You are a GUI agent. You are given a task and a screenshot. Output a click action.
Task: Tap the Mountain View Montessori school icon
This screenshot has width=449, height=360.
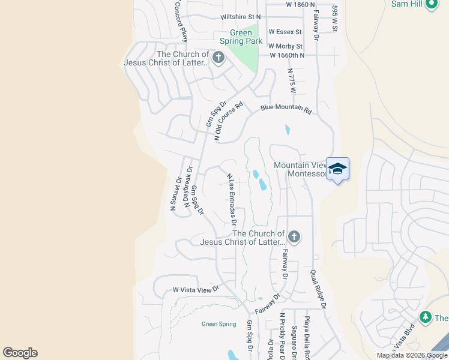point(337,168)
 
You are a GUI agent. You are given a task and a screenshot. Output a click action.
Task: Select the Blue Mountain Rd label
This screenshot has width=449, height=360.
point(287,110)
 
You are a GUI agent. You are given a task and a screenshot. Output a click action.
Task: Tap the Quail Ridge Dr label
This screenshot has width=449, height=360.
point(318,289)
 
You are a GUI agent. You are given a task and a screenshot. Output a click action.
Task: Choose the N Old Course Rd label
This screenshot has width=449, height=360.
point(229,121)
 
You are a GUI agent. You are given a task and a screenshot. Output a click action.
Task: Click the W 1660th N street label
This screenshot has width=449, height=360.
point(287,56)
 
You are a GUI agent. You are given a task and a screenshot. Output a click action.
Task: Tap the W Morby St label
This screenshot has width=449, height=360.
point(285,46)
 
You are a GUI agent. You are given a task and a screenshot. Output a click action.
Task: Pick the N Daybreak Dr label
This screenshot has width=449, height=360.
point(188,187)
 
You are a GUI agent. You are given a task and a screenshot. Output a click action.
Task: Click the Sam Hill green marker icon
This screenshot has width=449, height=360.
point(431,5)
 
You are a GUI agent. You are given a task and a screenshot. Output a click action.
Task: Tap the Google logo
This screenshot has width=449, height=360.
point(20,353)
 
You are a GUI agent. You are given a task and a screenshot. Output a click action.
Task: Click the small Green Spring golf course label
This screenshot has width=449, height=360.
point(218,324)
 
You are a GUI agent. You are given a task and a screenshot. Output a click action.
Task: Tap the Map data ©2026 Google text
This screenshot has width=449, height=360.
point(411,355)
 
